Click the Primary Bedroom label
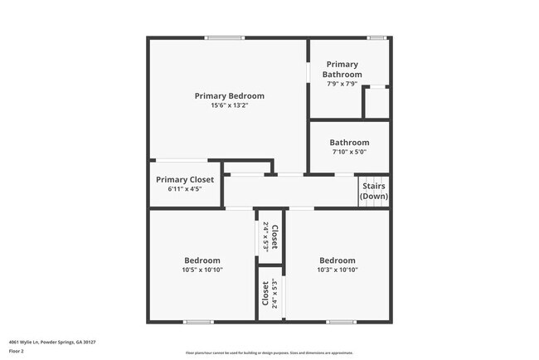coord(229,96)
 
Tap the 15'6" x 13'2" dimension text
coord(229,105)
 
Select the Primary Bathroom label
coord(342,69)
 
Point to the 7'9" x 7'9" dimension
coord(342,84)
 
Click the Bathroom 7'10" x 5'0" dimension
coord(349,152)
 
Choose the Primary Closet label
coord(185,179)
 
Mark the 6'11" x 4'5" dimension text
coord(185,189)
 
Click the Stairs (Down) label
coord(374,192)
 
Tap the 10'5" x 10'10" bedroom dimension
coord(202,270)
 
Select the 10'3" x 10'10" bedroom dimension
coord(337,270)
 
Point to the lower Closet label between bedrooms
coord(265,294)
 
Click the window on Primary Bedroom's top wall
coord(225,37)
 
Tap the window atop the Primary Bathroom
coord(377,37)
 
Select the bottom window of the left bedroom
coord(199,322)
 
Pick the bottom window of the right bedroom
coord(341,322)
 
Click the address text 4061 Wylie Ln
coord(51,342)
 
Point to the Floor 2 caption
coord(17,351)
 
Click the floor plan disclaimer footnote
coord(269,353)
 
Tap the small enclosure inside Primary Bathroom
coord(377,103)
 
